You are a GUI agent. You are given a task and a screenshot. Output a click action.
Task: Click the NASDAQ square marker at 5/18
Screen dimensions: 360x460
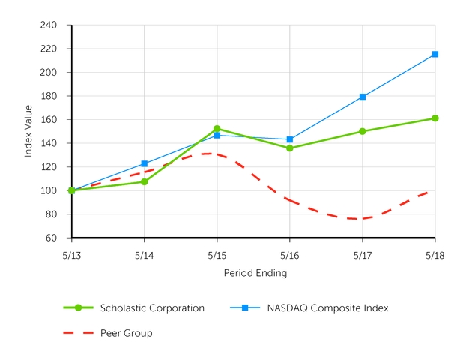[435, 54]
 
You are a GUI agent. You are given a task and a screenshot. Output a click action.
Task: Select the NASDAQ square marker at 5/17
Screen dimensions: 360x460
[363, 97]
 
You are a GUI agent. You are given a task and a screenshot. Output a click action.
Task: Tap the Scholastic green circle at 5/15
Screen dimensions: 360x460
[217, 129]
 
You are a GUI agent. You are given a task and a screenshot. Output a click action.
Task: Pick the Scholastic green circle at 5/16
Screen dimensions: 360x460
[290, 148]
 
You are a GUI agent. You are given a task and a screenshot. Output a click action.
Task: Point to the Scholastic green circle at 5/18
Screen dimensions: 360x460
[435, 118]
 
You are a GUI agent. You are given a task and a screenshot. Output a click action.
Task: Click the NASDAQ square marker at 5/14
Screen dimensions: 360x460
[145, 163]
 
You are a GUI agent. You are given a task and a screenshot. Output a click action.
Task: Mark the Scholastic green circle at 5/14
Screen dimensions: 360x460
[145, 181]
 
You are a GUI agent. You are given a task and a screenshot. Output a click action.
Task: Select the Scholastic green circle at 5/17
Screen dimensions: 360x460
[363, 131]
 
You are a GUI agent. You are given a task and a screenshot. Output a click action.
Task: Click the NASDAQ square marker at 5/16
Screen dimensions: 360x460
[290, 139]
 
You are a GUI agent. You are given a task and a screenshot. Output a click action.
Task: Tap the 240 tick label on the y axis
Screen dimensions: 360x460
[49, 25]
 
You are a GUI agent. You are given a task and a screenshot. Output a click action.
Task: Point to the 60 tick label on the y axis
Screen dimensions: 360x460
[52, 238]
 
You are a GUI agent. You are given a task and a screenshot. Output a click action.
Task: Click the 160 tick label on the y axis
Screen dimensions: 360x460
[49, 120]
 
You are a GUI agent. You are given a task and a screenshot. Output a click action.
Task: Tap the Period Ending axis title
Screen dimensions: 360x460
[255, 274]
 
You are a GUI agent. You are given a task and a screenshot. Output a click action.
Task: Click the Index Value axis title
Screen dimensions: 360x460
[28, 132]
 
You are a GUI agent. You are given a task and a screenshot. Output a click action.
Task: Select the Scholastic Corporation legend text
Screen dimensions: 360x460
[152, 307]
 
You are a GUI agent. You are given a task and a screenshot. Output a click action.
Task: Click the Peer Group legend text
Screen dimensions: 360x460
[126, 333]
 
